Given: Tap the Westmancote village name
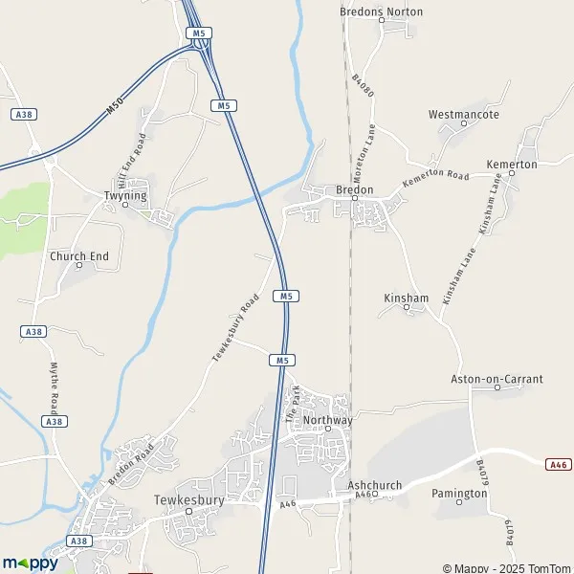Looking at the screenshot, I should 464,115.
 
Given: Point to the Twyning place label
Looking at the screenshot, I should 124,195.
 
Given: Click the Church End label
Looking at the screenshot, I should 79,256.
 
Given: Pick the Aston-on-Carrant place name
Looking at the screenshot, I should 497,379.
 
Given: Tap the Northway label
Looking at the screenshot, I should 328,420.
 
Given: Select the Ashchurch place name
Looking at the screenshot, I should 375,485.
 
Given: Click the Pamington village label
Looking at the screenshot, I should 459,494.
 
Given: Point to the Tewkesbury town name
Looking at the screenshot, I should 188,500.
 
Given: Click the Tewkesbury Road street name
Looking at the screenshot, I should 235,328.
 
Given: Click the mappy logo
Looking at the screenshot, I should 30,563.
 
